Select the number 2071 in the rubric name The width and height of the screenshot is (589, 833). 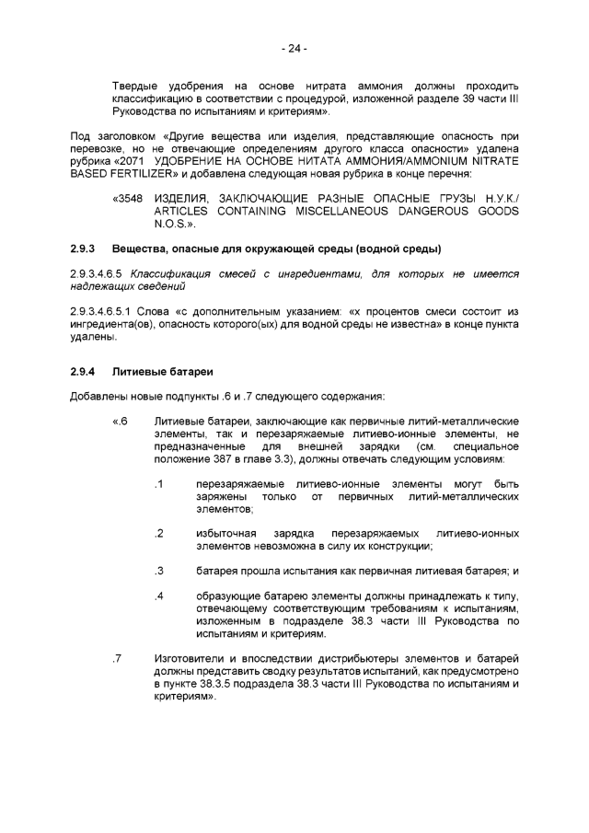(133, 160)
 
